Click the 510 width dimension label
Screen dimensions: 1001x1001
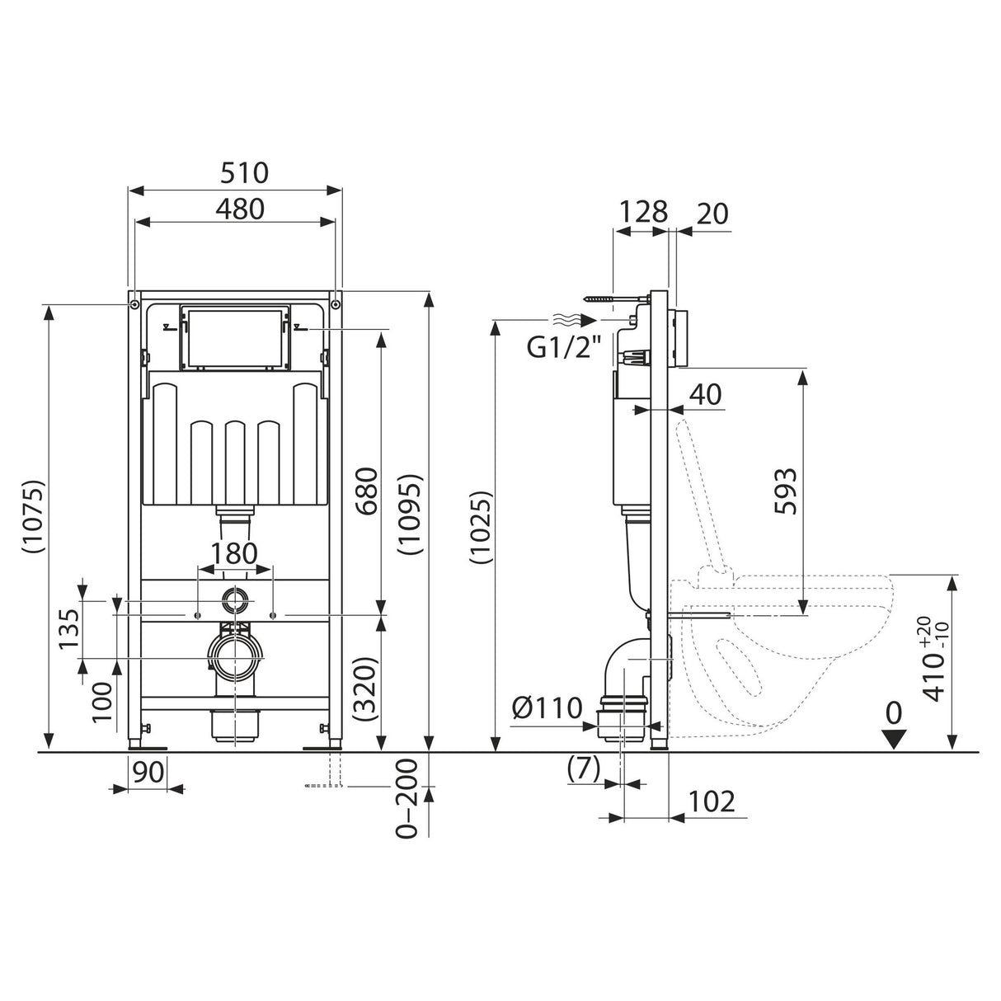(244, 173)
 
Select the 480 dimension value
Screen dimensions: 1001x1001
(239, 209)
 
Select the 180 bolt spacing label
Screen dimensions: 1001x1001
(234, 553)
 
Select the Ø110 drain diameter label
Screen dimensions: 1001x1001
(547, 707)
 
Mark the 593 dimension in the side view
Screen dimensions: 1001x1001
(785, 492)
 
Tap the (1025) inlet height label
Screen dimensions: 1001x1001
(481, 529)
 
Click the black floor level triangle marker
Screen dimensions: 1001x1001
(894, 739)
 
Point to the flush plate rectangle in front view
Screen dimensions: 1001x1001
(234, 338)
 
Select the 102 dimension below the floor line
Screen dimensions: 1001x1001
(710, 801)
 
